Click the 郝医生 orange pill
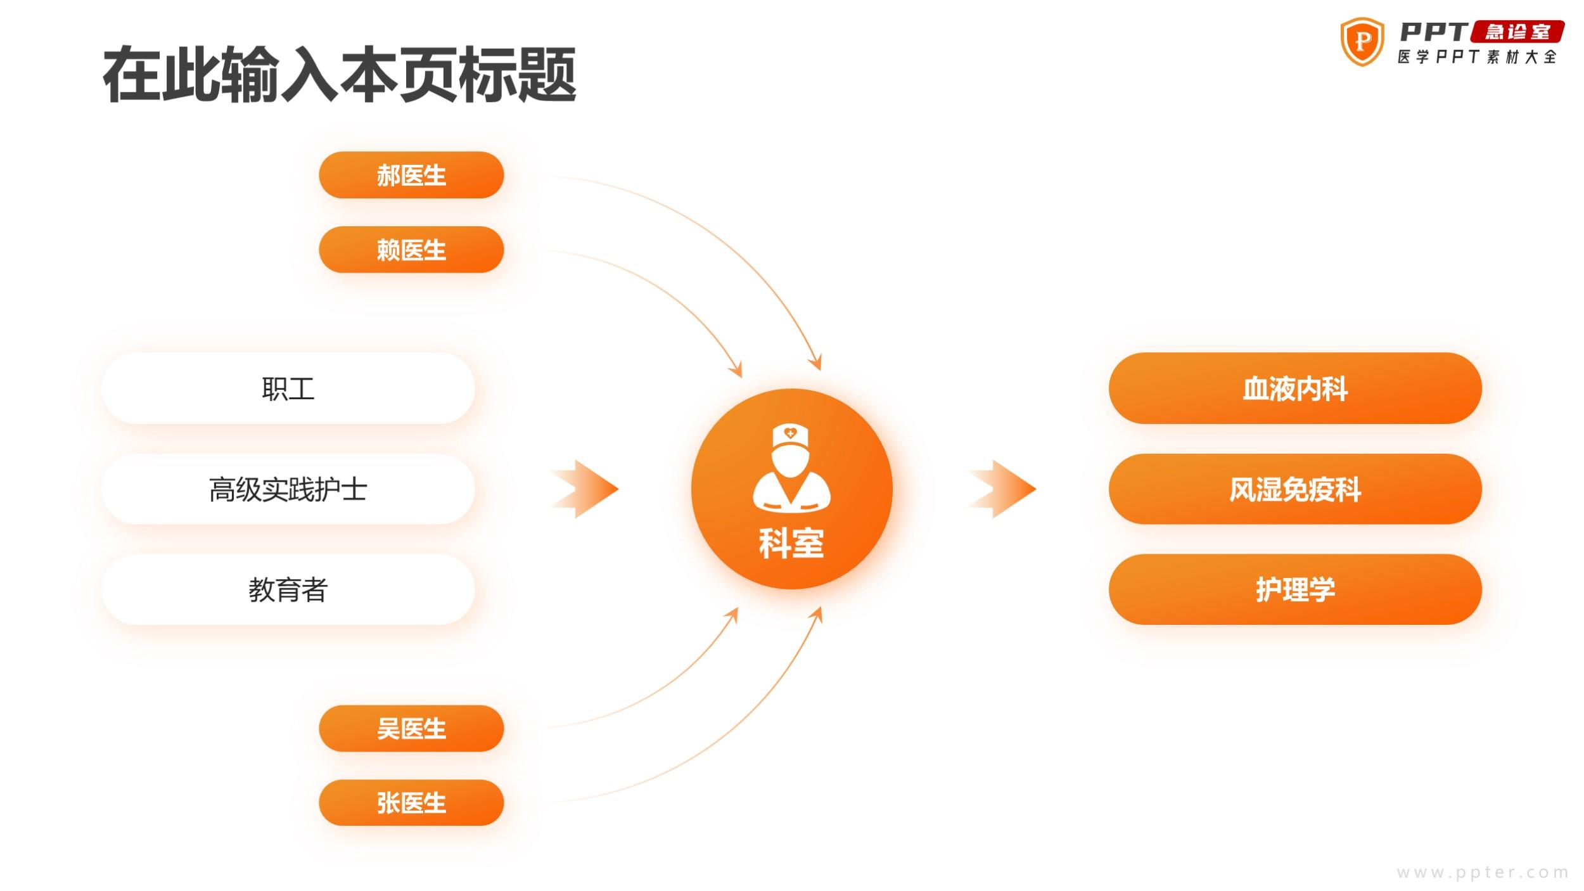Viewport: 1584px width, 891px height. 411,175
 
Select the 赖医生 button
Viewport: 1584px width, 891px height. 411,250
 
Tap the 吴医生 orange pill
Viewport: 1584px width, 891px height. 411,728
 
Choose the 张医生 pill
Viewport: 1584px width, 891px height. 411,802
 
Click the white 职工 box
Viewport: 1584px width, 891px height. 288,388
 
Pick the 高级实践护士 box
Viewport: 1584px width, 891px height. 288,489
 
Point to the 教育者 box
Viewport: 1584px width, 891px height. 288,589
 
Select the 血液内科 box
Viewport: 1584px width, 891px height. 1295,388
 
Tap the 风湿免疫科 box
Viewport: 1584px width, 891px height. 1295,489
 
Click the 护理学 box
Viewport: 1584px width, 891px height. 1295,589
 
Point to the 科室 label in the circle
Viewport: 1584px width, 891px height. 791,543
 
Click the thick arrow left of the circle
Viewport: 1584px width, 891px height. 584,489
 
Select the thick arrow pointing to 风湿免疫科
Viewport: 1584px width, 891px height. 1002,489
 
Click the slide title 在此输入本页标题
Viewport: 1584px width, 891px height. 340,74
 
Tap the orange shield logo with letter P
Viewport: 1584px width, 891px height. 1362,42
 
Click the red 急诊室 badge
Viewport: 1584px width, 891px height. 1517,32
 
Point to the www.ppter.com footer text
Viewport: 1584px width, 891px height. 1483,873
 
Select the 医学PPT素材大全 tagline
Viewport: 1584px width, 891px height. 1477,57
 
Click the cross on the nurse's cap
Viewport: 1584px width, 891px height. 790,433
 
